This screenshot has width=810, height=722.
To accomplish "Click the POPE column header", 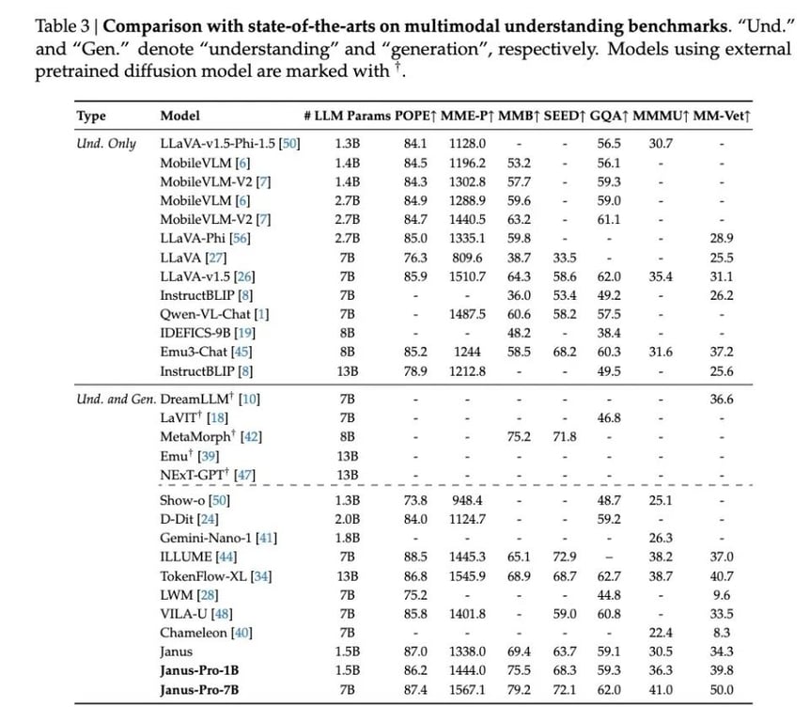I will [x=410, y=116].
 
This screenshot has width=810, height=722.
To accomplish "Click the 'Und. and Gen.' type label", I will [x=116, y=399].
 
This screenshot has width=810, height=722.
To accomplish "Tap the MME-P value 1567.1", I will [x=468, y=690].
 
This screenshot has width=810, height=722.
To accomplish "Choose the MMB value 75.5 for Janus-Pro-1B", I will [x=518, y=671].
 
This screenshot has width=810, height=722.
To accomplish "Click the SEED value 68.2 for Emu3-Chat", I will [x=564, y=352].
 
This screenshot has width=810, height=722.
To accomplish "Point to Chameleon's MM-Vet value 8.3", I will [x=723, y=633].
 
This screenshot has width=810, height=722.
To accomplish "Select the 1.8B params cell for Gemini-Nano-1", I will [x=348, y=538].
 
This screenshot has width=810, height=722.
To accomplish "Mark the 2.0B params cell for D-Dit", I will [x=348, y=519].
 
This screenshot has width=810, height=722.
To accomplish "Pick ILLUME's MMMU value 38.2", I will [x=661, y=557].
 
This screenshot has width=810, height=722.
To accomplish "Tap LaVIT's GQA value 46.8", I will [x=609, y=417].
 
